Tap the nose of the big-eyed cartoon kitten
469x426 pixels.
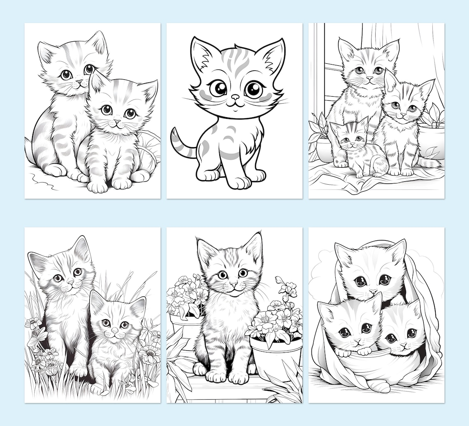point(235,98)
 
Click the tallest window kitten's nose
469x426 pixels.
point(369,78)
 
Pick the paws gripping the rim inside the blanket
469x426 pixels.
point(358,352)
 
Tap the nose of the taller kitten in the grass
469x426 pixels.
point(70,282)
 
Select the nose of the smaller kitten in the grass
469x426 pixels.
point(114,331)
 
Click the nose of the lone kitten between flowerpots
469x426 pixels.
point(233,284)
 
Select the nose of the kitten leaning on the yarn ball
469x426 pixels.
point(117,122)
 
